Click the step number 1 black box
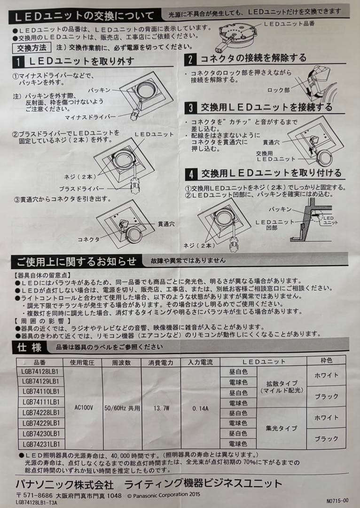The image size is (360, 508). pyautogui.click(x=18, y=62)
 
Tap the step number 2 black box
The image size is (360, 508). pyautogui.click(x=190, y=59)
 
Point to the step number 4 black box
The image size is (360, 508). pyautogui.click(x=191, y=175)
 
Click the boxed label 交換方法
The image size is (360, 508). pyautogui.click(x=32, y=48)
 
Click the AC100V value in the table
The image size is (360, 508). pyautogui.click(x=84, y=407)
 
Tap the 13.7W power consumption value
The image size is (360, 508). pyautogui.click(x=161, y=408)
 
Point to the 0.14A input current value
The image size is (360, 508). pyautogui.click(x=200, y=409)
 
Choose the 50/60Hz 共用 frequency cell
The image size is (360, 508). pyautogui.click(x=122, y=408)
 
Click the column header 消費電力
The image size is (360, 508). pyautogui.click(x=161, y=362)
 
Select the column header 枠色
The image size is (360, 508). pyautogui.click(x=326, y=360)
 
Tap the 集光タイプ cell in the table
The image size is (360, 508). pyautogui.click(x=281, y=429)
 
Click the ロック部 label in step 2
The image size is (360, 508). pyautogui.click(x=279, y=90)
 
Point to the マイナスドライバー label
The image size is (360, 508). pyautogui.click(x=90, y=117)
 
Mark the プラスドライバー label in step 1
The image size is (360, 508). pyautogui.click(x=82, y=189)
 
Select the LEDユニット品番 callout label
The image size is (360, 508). pyautogui.click(x=289, y=24)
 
